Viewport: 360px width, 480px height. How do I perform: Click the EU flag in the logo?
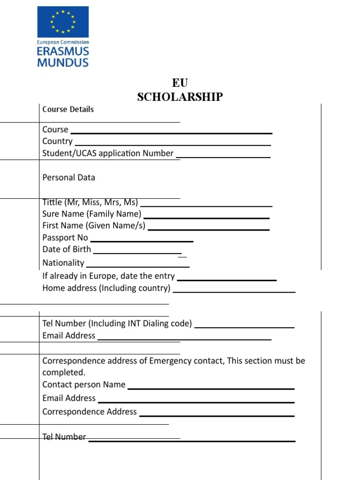(x=63, y=22)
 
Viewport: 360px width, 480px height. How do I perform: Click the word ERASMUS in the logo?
(x=63, y=52)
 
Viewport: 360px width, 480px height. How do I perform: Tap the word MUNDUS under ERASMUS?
(x=63, y=62)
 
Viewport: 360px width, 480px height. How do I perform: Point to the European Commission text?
(x=63, y=42)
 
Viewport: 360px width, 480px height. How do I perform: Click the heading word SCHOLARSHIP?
(x=180, y=97)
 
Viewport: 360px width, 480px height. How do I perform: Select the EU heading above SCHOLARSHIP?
(x=180, y=83)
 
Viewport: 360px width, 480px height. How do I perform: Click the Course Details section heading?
(x=68, y=109)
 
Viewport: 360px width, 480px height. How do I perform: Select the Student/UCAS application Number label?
(x=108, y=153)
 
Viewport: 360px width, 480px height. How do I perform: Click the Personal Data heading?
(x=68, y=178)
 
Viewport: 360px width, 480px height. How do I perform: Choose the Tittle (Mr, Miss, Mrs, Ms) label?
(x=90, y=202)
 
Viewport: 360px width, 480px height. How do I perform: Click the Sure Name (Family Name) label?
(x=92, y=214)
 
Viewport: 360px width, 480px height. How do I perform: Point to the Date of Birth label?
(x=67, y=249)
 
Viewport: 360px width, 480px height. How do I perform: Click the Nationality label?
(x=63, y=263)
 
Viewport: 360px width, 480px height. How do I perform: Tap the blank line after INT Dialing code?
(x=244, y=327)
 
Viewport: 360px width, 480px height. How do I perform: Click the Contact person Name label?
(x=84, y=385)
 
